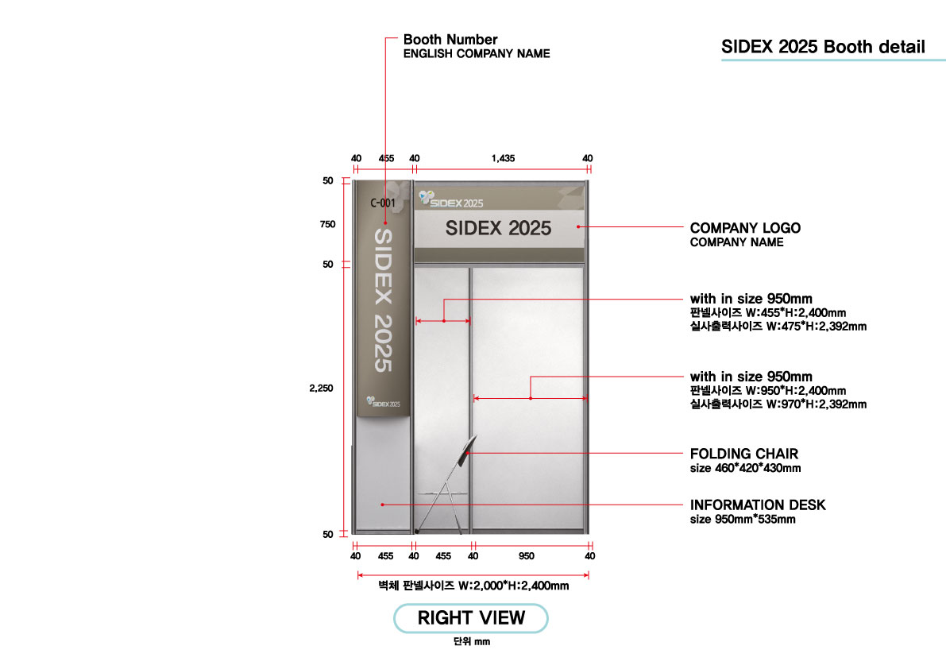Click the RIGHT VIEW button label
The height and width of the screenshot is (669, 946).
[x=471, y=617]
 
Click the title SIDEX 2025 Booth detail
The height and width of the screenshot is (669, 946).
[x=823, y=46]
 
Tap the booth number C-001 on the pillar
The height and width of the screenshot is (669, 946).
[x=383, y=203]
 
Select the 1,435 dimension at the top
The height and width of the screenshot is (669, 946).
[x=503, y=158]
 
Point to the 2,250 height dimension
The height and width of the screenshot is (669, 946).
[x=321, y=388]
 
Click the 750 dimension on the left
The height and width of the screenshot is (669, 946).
[x=327, y=224]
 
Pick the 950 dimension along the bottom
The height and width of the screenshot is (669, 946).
[x=526, y=555]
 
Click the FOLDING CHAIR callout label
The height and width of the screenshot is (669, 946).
[x=744, y=454]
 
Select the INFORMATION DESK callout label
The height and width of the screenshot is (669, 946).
[x=758, y=505]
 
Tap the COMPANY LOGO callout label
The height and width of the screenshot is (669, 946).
[x=745, y=228]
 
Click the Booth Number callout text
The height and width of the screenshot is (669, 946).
[x=450, y=39]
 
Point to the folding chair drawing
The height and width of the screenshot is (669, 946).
[x=446, y=485]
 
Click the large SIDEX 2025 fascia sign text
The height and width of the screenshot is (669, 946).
[x=498, y=228]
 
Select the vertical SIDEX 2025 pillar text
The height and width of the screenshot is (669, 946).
[x=383, y=300]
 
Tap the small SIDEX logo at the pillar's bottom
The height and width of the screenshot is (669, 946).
[x=383, y=402]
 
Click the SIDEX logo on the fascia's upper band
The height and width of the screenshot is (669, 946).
[x=451, y=199]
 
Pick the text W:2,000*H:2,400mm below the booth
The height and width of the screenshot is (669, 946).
[x=513, y=585]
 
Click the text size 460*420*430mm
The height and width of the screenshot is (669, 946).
[x=746, y=468]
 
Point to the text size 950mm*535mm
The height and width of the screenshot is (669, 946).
[x=743, y=520]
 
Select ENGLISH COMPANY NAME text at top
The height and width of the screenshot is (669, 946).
[x=477, y=54]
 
